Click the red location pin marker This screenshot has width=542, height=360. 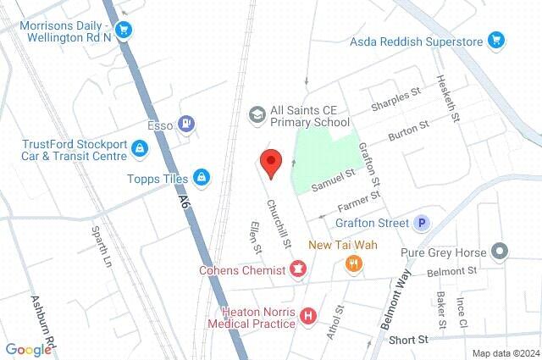coord(270,162)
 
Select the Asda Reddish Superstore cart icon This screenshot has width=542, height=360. coord(496,41)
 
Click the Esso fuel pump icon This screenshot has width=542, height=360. coord(186,125)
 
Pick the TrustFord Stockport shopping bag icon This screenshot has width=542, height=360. coord(140,150)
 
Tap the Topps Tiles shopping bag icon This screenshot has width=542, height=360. coord(202,177)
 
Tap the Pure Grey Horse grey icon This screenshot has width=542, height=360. coord(500,252)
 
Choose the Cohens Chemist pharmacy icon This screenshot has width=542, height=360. coord(297,271)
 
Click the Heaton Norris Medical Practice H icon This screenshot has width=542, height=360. coord(308,316)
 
